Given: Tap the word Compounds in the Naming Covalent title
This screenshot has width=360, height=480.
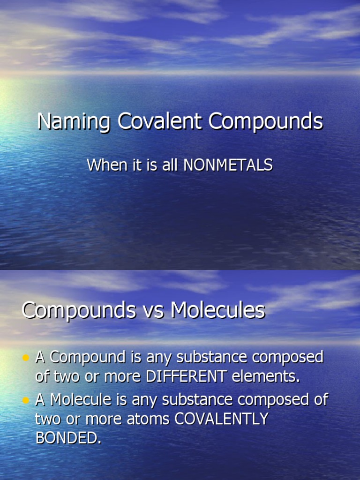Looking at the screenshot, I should pos(266,122).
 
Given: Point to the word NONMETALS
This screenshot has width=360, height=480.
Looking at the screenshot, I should pos(228,165).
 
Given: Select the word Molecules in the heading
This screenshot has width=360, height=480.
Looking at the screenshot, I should pos(218,310).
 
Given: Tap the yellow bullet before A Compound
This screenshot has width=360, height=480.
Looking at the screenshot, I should pos(26,358).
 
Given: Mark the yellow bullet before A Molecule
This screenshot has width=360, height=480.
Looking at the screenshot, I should pos(26,400).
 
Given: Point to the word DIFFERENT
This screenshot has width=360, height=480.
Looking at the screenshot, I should pos(187,376).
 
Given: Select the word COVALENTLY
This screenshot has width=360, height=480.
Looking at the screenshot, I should pos(221,419).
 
